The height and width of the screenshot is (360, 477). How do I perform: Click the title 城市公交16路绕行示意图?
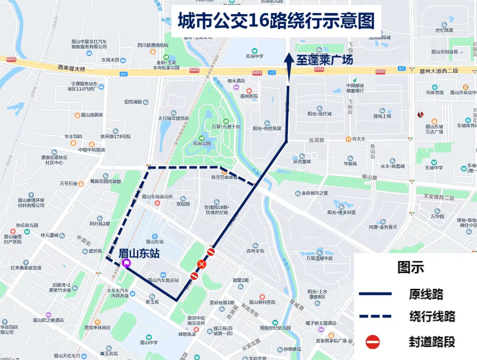click(x=276, y=21)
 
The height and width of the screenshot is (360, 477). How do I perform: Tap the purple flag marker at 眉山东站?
click(x=126, y=262)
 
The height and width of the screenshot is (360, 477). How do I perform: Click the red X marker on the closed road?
click(x=201, y=264)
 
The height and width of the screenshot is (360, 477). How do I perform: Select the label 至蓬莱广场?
click(x=324, y=60)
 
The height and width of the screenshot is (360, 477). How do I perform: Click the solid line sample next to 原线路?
click(x=375, y=294)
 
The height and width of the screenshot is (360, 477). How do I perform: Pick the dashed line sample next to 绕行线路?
click(x=375, y=316)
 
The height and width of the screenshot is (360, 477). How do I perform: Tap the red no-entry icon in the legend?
click(x=373, y=342)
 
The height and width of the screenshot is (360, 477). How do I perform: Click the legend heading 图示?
click(x=411, y=267)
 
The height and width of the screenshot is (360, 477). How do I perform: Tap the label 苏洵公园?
click(x=202, y=143)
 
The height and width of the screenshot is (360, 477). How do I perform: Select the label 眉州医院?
click(x=249, y=96)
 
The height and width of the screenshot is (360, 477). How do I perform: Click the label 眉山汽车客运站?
click(x=163, y=280)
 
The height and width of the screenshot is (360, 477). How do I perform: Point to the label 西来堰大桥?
click(x=72, y=68)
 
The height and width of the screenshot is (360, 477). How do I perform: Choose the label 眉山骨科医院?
click(x=262, y=302)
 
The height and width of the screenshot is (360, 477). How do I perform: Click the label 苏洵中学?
click(x=255, y=56)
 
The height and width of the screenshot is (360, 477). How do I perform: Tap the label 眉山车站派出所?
click(x=157, y=197)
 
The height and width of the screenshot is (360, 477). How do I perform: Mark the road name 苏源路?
click(x=316, y=140)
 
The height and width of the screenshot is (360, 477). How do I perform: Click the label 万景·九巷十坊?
click(x=226, y=126)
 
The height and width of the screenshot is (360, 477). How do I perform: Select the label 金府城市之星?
click(x=315, y=193)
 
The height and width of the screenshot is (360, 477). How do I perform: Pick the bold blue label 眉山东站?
click(x=139, y=253)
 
